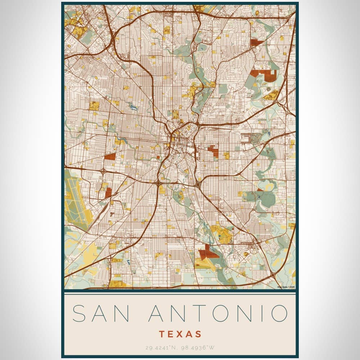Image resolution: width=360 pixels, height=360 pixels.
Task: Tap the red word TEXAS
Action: (x=180, y=334)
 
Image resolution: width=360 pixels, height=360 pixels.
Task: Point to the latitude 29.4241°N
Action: (x=159, y=348)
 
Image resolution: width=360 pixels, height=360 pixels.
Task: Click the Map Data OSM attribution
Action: (x=286, y=287)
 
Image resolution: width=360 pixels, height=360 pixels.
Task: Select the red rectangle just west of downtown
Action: (x=109, y=157)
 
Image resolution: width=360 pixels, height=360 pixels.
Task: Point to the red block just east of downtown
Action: (x=214, y=150)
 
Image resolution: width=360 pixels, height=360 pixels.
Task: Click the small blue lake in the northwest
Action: (x=134, y=107)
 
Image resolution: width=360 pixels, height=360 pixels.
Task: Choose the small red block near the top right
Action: (x=257, y=42)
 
